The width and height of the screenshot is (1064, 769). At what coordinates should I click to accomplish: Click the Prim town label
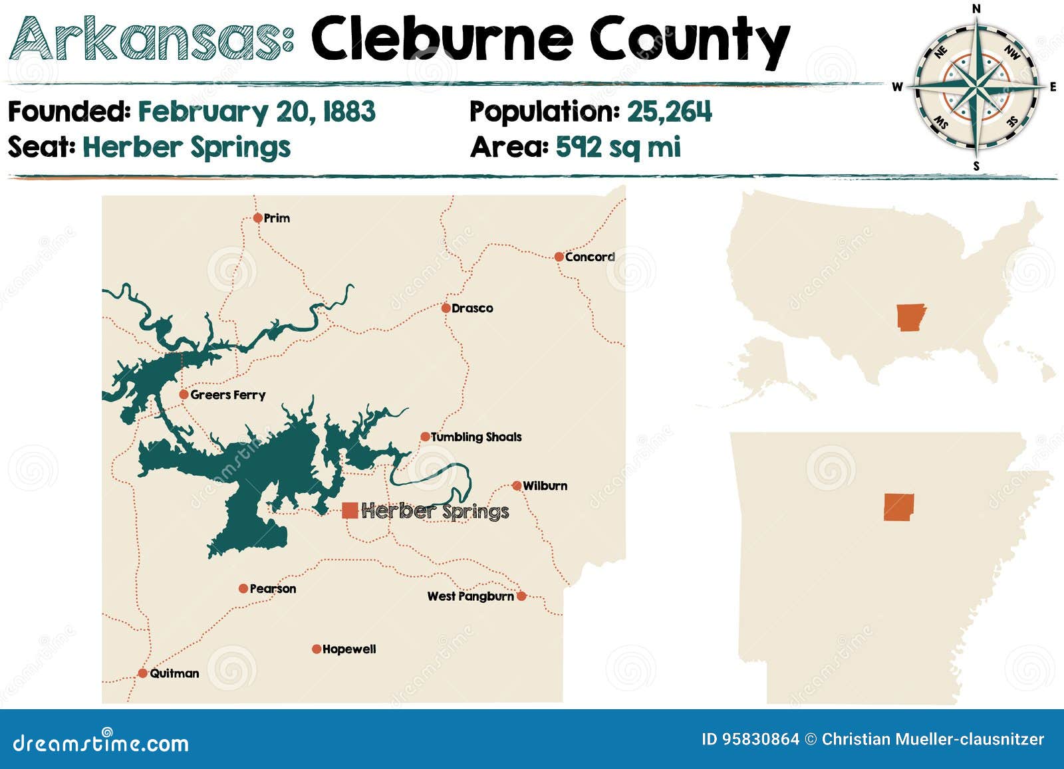point(277,218)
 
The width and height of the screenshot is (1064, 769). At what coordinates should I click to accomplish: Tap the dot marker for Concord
point(559,257)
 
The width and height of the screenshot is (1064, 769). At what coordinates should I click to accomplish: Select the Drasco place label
point(472,308)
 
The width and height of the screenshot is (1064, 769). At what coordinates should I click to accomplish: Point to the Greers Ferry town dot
point(184,394)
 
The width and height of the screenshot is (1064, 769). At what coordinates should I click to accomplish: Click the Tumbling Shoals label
point(476,437)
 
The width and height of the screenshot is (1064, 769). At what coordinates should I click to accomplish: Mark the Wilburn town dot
point(517,486)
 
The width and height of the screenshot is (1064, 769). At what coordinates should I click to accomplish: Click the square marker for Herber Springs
point(350,510)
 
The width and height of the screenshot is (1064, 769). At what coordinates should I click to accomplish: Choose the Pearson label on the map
point(273,589)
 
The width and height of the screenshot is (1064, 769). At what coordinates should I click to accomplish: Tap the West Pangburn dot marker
point(521,596)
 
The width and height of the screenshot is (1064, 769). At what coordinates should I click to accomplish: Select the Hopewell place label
point(349,649)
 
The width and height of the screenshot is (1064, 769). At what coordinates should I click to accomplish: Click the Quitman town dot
point(142,673)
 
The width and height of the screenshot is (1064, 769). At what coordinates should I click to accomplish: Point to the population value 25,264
point(669,112)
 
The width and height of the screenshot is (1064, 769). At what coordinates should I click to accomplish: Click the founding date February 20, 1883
point(257,112)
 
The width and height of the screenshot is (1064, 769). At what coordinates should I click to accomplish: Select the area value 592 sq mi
point(618,147)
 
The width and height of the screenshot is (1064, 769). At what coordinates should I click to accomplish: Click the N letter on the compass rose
point(976,9)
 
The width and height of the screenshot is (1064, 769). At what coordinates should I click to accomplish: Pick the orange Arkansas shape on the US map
point(910,318)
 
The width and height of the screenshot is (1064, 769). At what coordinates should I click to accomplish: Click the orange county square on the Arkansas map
point(898,507)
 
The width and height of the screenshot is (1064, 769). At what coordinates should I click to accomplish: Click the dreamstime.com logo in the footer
point(101,742)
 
